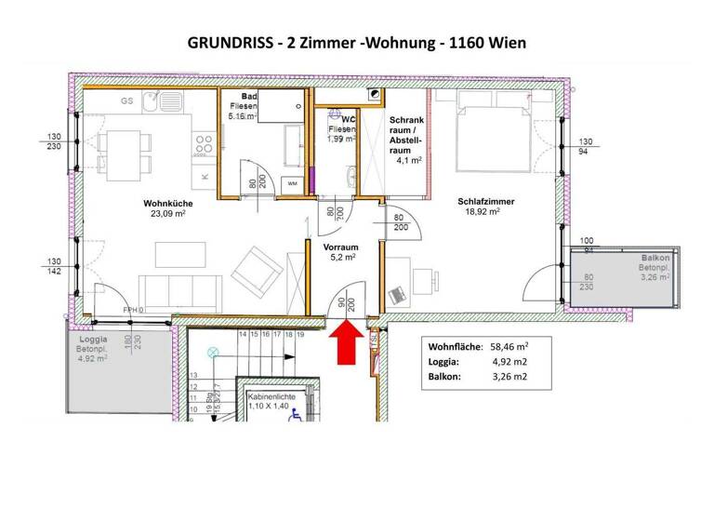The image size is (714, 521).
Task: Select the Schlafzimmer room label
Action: click(x=485, y=202)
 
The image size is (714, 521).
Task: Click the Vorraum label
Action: click(x=341, y=248)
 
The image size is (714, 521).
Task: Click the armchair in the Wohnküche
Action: click(x=258, y=271)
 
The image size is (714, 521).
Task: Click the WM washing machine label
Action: click(x=292, y=183)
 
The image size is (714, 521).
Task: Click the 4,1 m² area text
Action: click(x=408, y=160)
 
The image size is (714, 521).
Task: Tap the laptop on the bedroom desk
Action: click(x=397, y=294)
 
